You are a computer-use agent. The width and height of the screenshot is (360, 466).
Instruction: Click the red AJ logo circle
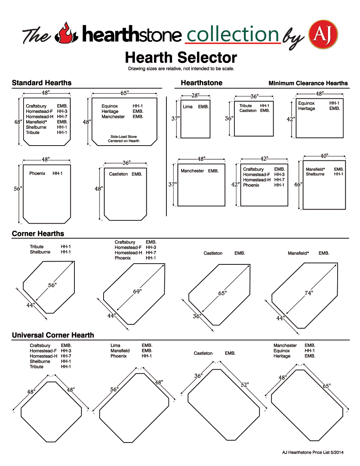[323, 34]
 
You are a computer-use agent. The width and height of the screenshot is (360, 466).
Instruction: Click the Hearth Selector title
[181, 58]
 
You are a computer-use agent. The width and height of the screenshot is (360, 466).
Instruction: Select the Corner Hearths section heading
[38, 234]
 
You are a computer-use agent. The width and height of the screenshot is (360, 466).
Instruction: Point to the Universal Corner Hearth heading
[53, 335]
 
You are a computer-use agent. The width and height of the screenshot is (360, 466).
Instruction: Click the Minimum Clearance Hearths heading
[308, 83]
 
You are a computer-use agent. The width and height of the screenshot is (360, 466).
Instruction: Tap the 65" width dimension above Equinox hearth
[124, 93]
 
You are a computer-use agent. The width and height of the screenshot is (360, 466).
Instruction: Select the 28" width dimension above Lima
[195, 96]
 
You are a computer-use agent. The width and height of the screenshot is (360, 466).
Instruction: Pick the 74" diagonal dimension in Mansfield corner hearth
[308, 293]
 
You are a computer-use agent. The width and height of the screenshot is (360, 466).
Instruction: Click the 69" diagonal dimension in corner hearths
[137, 291]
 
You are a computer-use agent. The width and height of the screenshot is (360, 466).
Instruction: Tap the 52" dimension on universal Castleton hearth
[245, 385]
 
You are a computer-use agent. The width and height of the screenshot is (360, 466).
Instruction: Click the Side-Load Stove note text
[124, 139]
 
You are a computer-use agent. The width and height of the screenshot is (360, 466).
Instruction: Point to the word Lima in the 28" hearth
[188, 107]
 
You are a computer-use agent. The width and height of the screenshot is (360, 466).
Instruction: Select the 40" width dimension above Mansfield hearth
[324, 156]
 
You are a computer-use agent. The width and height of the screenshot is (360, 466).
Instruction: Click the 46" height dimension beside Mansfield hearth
[298, 184]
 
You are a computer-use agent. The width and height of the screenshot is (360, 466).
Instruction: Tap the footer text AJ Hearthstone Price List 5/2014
[313, 452]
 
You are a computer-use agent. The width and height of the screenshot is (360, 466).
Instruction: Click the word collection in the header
[232, 34]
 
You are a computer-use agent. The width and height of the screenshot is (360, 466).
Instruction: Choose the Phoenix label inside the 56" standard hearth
[37, 174]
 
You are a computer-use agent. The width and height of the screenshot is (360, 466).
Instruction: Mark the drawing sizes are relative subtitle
[181, 69]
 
